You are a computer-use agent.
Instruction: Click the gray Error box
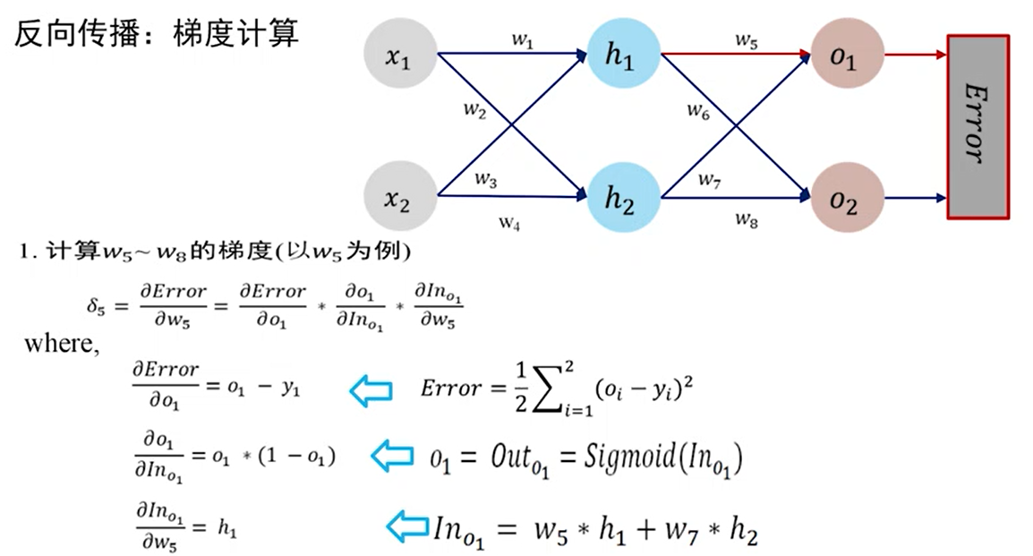[978, 126]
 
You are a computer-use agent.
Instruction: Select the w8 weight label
[747, 218]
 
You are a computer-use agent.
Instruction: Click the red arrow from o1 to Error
[914, 56]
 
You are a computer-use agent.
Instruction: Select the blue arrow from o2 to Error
[914, 197]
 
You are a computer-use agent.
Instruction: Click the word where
[60, 342]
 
